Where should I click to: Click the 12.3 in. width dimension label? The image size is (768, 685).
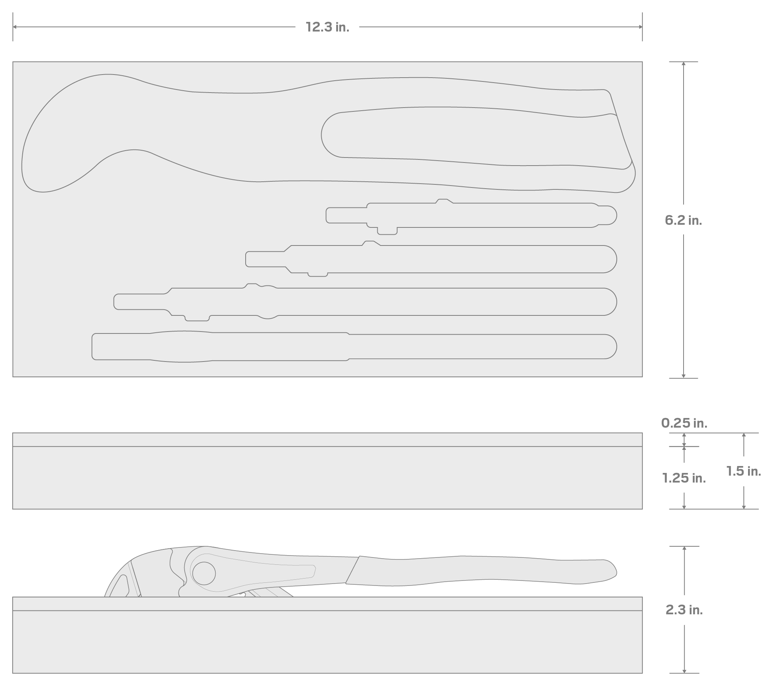coord(327,27)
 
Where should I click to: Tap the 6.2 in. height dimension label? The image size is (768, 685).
coord(683,220)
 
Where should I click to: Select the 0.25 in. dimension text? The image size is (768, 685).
coord(684,423)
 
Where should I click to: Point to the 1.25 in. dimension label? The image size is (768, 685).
coord(684,478)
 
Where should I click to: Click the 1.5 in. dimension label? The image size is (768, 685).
coord(743,471)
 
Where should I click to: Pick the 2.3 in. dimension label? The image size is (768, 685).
coord(684,610)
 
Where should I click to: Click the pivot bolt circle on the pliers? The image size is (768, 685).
coord(204,574)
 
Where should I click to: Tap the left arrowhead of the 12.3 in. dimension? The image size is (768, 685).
coord(15,27)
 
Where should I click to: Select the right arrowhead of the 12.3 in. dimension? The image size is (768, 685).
coord(640,27)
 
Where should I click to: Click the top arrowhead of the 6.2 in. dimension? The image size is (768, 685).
coord(684,64)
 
